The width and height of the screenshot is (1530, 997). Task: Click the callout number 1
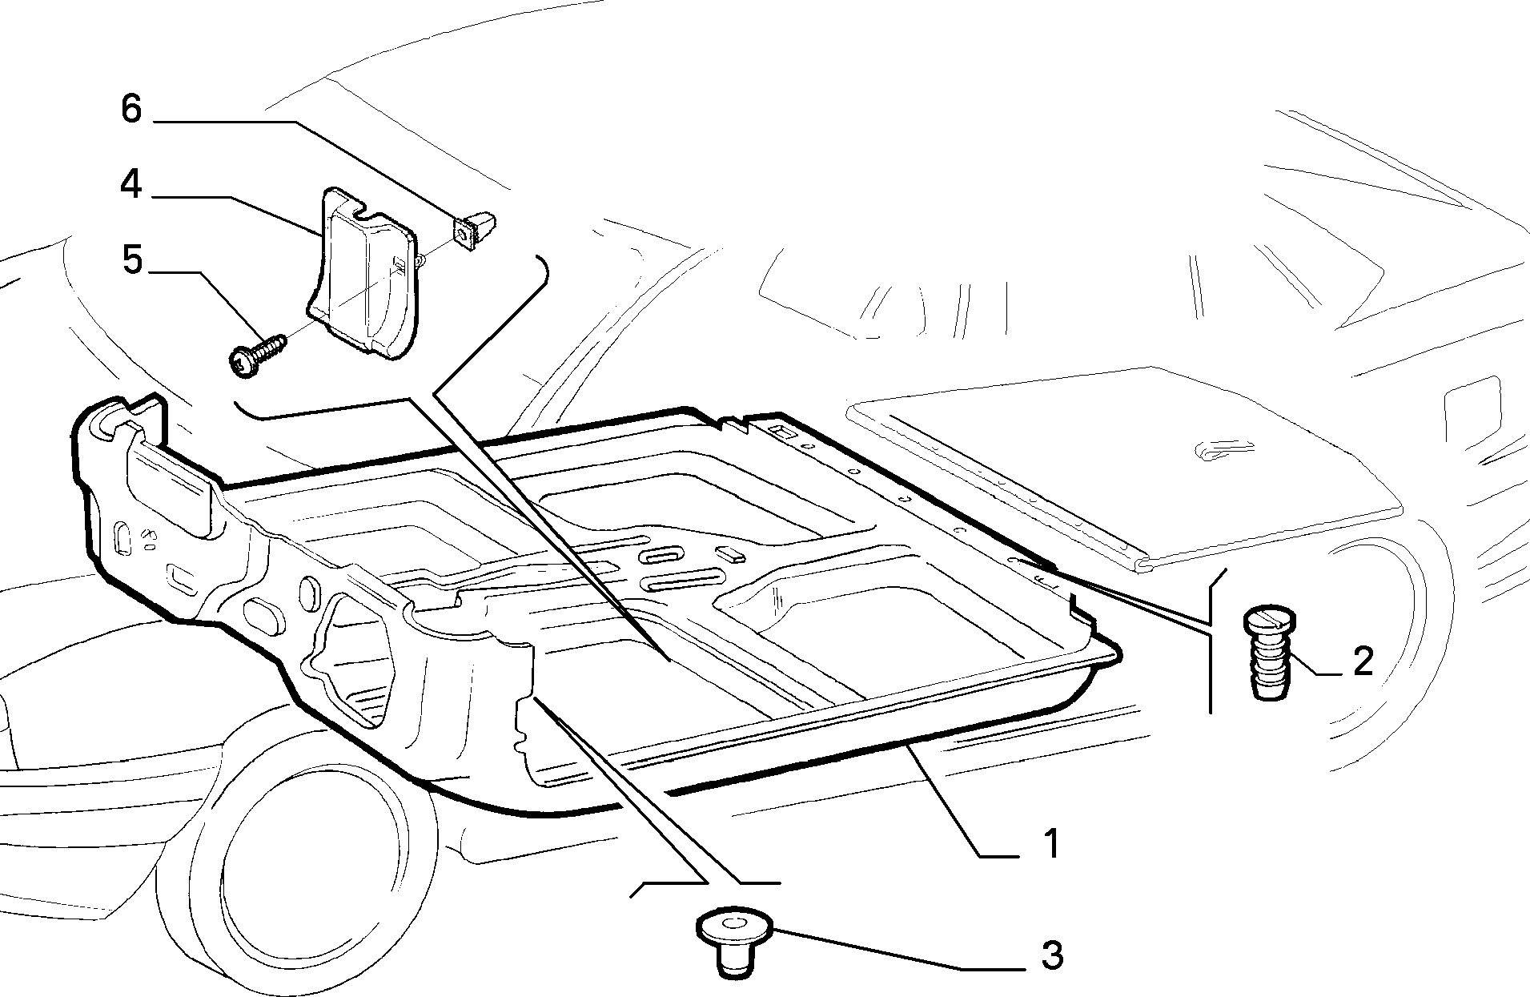tap(1051, 844)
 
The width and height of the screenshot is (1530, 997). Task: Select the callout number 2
tap(1363, 661)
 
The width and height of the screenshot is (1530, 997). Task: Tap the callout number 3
tap(1052, 955)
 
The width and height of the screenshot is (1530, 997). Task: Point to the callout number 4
tap(131, 184)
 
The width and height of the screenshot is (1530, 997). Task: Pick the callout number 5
tap(131, 259)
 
